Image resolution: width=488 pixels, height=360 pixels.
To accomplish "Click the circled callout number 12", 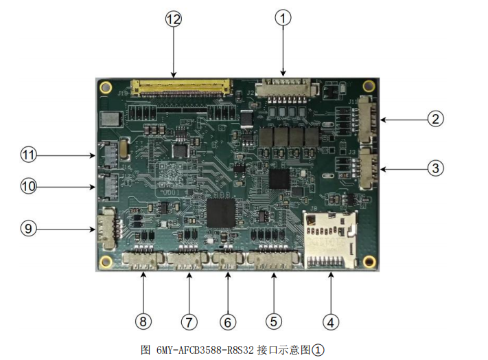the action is pyautogui.click(x=174, y=19).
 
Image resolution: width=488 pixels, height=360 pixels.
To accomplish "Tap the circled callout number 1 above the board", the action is pyautogui.click(x=283, y=18).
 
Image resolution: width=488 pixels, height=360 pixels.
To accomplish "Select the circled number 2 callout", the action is pyautogui.click(x=435, y=119).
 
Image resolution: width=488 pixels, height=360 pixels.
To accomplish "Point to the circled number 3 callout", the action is pyautogui.click(x=435, y=168).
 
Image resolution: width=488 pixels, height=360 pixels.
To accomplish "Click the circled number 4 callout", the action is pyautogui.click(x=331, y=322).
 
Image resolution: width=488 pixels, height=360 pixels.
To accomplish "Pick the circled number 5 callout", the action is pyautogui.click(x=274, y=322).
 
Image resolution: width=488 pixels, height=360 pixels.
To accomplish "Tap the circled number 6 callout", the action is pyautogui.click(x=228, y=322).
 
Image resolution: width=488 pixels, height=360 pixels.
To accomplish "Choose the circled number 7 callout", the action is pyautogui.click(x=189, y=322).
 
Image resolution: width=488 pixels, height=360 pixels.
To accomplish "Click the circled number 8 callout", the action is pyautogui.click(x=143, y=322).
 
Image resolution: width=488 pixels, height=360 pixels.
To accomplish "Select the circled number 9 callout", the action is pyautogui.click(x=28, y=229).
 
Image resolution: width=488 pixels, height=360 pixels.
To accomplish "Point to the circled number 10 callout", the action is pyautogui.click(x=28, y=187).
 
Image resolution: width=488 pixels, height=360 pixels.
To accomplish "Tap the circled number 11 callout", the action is pyautogui.click(x=28, y=155).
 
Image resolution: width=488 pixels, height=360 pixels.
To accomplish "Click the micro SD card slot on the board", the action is pyautogui.click(x=330, y=240).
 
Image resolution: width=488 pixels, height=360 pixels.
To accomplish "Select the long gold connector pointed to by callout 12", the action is pyautogui.click(x=182, y=87).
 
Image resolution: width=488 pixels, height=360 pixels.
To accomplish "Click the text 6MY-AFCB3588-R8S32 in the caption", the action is pyautogui.click(x=205, y=350).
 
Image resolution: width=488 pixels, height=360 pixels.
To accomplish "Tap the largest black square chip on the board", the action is pyautogui.click(x=221, y=213).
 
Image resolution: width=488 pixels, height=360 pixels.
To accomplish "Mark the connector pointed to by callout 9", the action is pyautogui.click(x=108, y=229).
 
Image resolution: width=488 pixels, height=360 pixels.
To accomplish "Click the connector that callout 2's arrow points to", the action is pyautogui.click(x=368, y=120).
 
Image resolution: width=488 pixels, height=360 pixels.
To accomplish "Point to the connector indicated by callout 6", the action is pyautogui.click(x=228, y=260).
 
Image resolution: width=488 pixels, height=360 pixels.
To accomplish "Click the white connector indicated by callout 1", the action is pyautogui.click(x=287, y=89).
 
